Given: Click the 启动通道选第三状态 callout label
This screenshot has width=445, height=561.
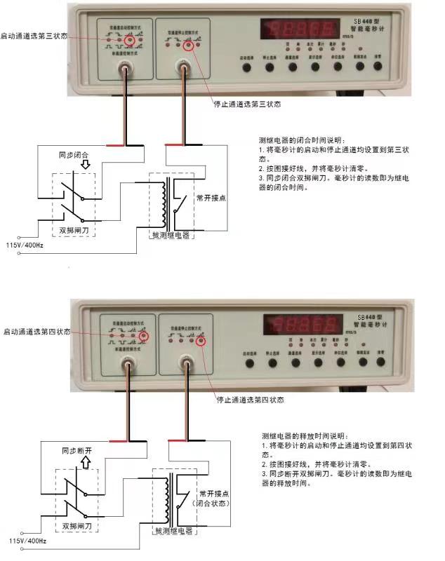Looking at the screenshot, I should click(x=34, y=34).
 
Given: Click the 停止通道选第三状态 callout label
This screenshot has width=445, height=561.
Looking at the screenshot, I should click(x=247, y=104).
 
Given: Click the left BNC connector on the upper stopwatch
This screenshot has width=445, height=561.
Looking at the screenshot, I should click(x=126, y=68).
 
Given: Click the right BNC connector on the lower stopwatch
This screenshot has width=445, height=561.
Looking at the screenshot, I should click(x=187, y=363).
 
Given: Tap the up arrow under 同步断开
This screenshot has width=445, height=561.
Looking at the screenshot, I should click(x=86, y=462).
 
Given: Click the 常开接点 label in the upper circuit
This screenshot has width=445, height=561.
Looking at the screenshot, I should click(x=211, y=198).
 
